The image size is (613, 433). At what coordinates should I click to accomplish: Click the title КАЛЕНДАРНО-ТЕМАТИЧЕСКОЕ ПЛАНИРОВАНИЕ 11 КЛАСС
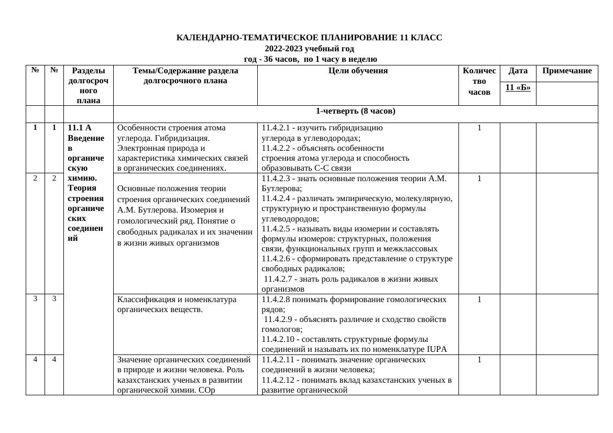tap(309, 38)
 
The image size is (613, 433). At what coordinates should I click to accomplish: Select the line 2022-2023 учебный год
tap(309, 49)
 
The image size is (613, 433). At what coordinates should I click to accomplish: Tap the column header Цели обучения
tap(358, 71)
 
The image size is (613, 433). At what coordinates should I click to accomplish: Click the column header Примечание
tap(567, 71)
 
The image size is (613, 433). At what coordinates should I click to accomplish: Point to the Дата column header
tap(518, 71)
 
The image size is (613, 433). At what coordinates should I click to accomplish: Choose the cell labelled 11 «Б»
tap(518, 87)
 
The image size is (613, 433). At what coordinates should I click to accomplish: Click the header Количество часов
tap(479, 82)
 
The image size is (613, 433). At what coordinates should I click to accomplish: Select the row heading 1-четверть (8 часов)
tap(355, 112)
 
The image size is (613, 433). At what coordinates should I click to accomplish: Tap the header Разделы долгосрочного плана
tap(89, 85)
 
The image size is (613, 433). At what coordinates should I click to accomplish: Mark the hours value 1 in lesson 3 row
tap(479, 299)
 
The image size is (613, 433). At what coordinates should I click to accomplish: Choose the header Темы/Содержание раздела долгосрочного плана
tap(185, 76)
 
